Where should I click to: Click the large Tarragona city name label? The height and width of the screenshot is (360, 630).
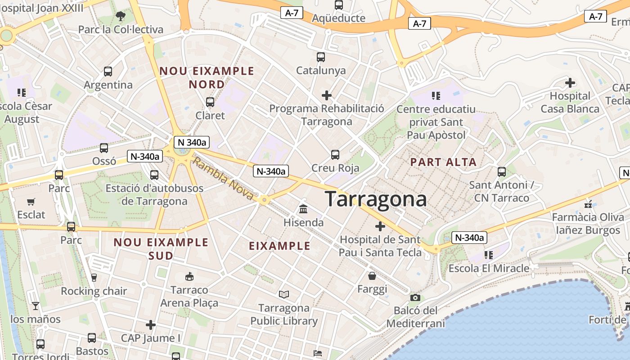375,198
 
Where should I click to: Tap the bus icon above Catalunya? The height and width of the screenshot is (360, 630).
321,57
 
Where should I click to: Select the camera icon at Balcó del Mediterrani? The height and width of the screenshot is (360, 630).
415,297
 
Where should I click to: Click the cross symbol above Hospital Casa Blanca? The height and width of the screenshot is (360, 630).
570,83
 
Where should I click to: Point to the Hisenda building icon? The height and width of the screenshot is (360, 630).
303,209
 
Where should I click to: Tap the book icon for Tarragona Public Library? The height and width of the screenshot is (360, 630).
283,295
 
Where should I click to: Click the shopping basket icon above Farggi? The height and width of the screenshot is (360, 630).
372,275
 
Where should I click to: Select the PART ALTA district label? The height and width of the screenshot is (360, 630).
443,162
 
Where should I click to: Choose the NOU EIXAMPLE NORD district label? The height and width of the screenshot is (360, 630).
207,77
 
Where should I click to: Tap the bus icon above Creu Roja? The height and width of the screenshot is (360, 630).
335,155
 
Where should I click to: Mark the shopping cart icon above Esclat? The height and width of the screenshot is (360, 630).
31,202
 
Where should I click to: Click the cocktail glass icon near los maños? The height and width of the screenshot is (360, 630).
36,306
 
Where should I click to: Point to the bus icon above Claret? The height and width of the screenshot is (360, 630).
210,102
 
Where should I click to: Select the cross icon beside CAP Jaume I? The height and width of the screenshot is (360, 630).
151,324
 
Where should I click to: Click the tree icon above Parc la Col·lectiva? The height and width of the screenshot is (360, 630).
121,17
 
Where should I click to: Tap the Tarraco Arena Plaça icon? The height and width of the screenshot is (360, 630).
189,276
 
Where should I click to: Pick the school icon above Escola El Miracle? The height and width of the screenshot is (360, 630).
489,255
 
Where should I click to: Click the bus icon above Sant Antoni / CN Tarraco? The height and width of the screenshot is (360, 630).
502,171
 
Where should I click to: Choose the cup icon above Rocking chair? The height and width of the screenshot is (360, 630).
94,278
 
